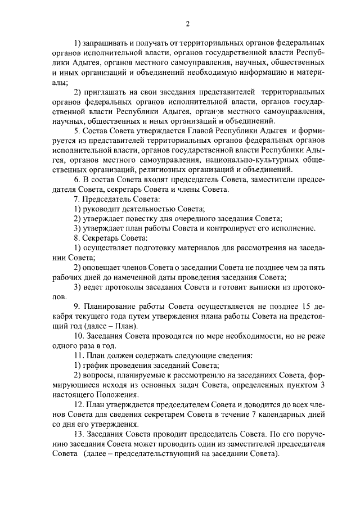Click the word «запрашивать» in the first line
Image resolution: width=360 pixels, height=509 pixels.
107,43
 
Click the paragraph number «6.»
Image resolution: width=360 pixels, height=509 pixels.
78,179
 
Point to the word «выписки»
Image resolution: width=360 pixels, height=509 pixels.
263,286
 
